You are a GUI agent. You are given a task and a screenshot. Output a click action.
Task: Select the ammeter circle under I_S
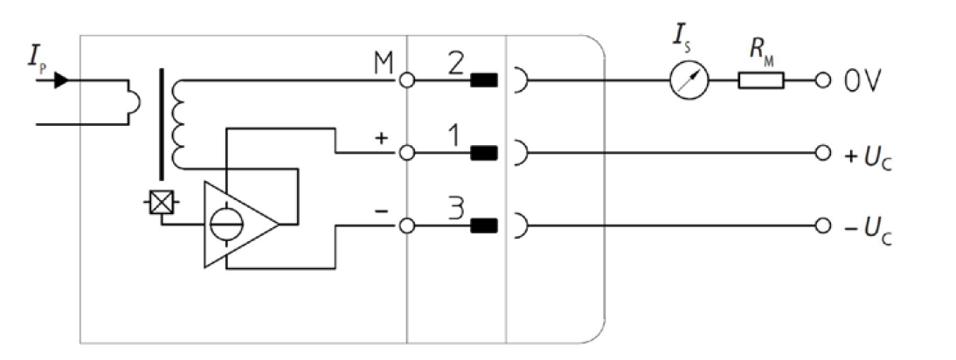(x=689, y=82)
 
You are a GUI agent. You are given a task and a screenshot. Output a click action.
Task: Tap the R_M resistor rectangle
(x=760, y=82)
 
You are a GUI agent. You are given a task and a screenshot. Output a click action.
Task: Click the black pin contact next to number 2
(x=484, y=82)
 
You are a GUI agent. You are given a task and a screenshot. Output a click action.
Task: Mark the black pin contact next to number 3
(x=484, y=227)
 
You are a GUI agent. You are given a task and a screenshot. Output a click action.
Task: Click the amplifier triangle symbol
(x=239, y=225)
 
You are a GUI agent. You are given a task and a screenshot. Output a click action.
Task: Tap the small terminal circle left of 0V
(x=821, y=82)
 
